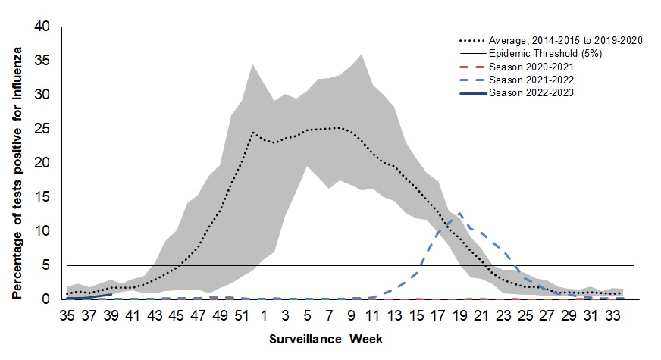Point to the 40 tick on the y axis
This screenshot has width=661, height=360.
click(x=42, y=27)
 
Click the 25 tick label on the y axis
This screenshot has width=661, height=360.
click(x=42, y=129)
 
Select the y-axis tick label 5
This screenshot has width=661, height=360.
click(x=46, y=265)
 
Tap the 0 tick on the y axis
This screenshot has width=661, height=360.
click(x=46, y=299)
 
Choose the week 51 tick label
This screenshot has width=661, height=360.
click(x=243, y=314)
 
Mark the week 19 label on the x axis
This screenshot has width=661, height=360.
click(x=459, y=314)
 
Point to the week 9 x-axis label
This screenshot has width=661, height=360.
click(x=351, y=314)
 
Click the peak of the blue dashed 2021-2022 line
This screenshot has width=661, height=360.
click(x=459, y=214)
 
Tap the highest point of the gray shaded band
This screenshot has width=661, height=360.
click(x=361, y=54)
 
